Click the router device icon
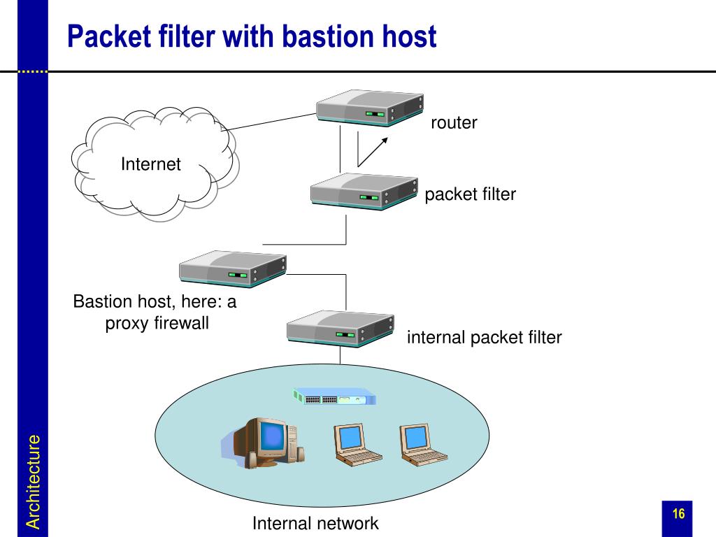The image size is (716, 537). [370, 108]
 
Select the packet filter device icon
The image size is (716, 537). [364, 192]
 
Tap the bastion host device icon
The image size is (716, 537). [233, 269]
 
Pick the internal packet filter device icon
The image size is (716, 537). [341, 329]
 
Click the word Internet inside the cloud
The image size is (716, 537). [151, 164]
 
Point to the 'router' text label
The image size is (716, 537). [454, 122]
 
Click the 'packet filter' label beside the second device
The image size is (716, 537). [471, 194]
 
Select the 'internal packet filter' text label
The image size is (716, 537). [484, 338]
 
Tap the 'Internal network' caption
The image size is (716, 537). [315, 523]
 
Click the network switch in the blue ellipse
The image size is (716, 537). [334, 396]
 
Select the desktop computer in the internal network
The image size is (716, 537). [264, 442]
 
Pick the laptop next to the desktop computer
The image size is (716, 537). [357, 444]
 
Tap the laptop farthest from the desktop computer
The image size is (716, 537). [423, 444]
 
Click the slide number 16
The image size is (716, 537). [678, 514]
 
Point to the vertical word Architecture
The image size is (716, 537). [33, 482]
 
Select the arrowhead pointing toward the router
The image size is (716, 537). [385, 141]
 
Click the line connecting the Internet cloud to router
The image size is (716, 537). [272, 122]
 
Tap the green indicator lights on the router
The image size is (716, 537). [375, 114]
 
